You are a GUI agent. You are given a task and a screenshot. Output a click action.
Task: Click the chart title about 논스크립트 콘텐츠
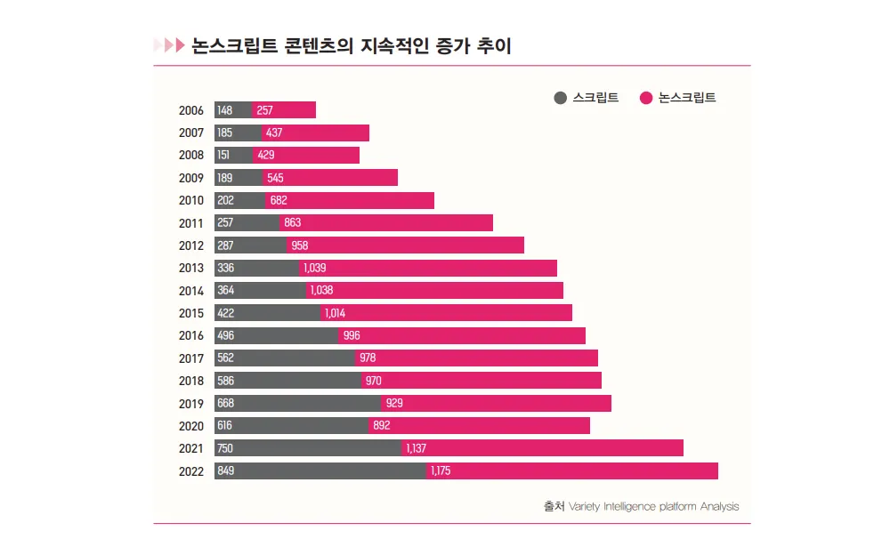point(352,45)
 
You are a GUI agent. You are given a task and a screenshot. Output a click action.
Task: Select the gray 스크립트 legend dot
point(560,98)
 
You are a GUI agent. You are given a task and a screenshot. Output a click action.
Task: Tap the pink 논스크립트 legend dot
point(646,98)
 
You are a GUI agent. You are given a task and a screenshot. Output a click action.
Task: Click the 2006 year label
point(191,110)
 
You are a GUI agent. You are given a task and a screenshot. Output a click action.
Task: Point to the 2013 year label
point(191,268)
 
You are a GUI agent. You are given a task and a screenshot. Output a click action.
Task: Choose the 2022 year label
point(191,471)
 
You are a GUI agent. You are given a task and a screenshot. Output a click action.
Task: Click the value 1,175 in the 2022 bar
point(441,471)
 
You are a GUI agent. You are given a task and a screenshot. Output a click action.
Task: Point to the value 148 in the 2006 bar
point(224,110)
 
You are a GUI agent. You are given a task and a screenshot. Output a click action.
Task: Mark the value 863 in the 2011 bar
point(293,223)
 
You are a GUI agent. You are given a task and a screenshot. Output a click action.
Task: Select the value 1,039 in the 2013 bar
point(315,268)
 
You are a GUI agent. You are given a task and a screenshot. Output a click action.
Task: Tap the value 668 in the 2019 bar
point(225,403)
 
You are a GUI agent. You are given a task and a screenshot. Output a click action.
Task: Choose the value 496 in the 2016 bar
point(225,335)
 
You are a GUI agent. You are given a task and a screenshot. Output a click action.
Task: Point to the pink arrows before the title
point(168,45)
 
